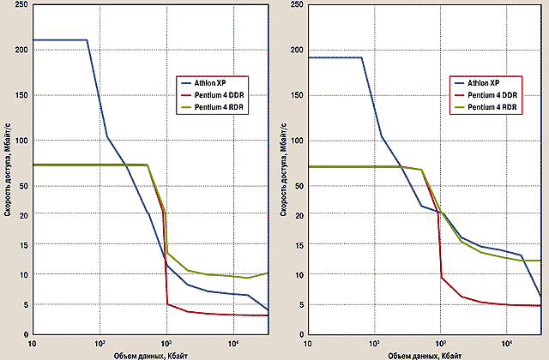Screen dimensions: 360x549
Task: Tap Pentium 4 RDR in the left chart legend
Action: pyautogui.click(x=216, y=109)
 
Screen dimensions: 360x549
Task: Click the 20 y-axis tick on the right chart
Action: pyautogui.click(x=296, y=214)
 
